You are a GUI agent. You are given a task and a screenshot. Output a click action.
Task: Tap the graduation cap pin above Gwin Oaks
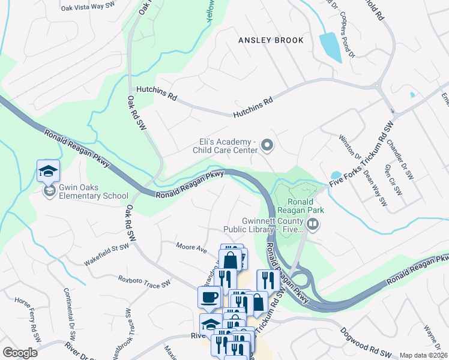pyautogui.click(x=48, y=172)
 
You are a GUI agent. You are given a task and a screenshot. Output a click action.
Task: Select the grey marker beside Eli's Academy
pyautogui.click(x=268, y=145)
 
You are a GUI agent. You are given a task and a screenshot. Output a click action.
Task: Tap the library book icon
pyautogui.click(x=312, y=224)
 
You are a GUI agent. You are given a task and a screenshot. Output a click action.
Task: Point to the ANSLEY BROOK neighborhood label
pyautogui.click(x=271, y=40)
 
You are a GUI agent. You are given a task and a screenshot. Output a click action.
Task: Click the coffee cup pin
pyautogui.click(x=209, y=297)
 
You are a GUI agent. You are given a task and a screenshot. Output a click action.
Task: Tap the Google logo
pyautogui.click(x=20, y=353)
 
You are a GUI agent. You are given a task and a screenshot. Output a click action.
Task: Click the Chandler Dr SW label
pyautogui.click(x=400, y=160)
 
